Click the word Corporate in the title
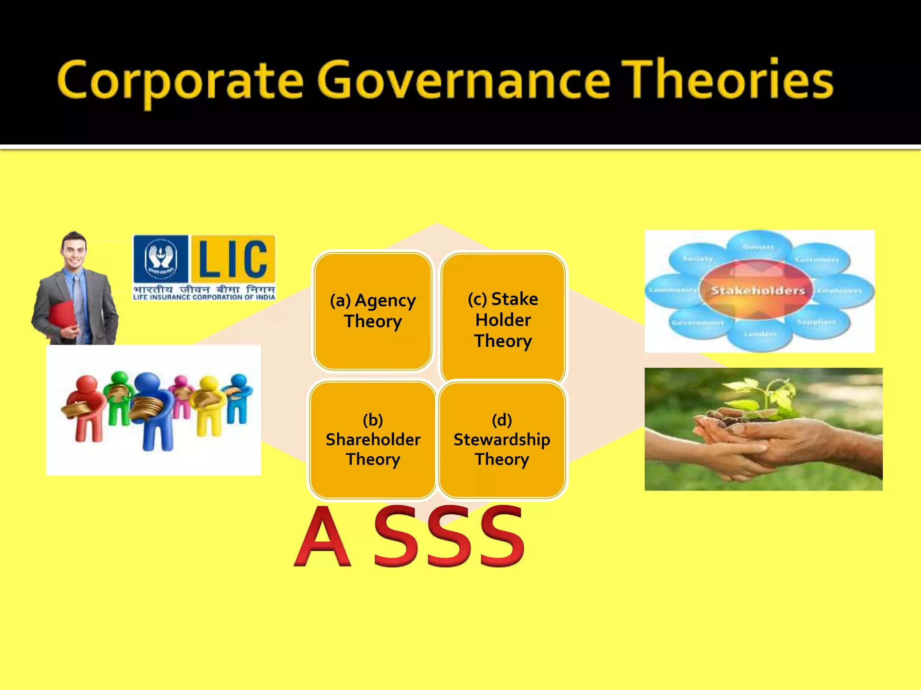[x=180, y=81]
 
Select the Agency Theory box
[x=373, y=311]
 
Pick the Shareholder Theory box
[x=373, y=439]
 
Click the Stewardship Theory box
[x=502, y=439]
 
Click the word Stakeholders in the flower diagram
[x=758, y=291]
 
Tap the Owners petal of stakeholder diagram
[x=758, y=247]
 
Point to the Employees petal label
[x=839, y=291]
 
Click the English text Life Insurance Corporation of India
[x=204, y=297]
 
